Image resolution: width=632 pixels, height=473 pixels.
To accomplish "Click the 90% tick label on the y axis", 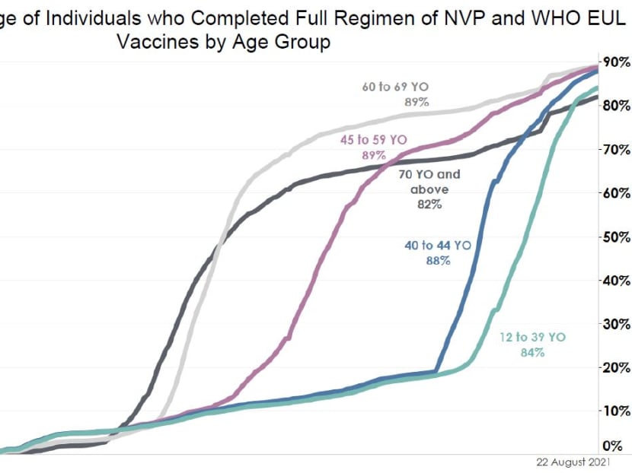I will pos(616,62).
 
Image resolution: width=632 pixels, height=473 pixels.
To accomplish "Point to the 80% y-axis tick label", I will pos(616,106).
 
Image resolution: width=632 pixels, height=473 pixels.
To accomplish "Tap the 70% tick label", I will pos(616,149).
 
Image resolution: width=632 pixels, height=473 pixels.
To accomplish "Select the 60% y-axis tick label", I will pos(616,193).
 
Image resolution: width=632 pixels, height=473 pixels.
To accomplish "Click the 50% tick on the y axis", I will pos(616,236).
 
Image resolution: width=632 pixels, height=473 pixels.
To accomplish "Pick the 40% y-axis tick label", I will pos(616,281).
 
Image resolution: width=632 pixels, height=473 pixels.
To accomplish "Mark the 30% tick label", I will pos(616,324).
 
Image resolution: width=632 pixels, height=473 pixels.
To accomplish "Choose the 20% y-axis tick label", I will pos(616,368).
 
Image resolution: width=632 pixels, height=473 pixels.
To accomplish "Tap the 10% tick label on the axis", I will pos(616,411).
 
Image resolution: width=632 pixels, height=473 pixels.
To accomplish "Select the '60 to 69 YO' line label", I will pos(396,87).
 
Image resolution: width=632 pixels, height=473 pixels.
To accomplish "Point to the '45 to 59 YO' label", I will pos(373,140).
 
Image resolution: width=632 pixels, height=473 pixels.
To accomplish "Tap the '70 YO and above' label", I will pos(429,182).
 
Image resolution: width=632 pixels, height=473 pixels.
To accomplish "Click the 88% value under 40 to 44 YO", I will pos(439,260).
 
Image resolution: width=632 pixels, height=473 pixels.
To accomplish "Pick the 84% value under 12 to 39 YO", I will pos(533,352).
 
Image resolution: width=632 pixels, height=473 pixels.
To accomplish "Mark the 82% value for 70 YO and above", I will pos(429,204).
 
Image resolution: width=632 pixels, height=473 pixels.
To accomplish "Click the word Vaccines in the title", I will pos(162,42).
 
